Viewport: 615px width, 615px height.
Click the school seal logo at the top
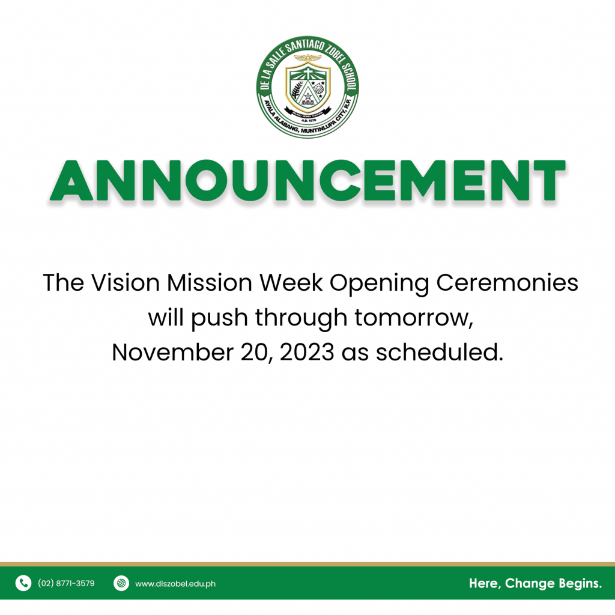point(307,87)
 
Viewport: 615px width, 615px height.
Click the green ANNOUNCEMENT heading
point(307,181)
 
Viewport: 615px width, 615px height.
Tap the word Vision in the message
point(126,282)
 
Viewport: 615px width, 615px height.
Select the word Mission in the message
point(210,282)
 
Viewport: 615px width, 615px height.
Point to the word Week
point(291,282)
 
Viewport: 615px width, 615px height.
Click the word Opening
point(380,284)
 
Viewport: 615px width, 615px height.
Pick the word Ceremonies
point(507,282)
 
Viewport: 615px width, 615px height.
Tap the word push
point(219,318)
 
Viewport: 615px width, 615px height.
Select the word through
point(301,318)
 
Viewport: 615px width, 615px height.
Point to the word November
point(172,352)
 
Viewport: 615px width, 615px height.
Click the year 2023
point(307,352)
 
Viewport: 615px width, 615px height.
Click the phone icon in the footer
point(23,583)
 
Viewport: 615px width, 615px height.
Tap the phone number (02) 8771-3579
point(66,583)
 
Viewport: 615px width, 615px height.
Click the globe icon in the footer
point(121,583)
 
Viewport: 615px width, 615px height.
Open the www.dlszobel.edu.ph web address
point(175,584)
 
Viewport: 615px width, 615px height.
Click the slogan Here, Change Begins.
point(535,583)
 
